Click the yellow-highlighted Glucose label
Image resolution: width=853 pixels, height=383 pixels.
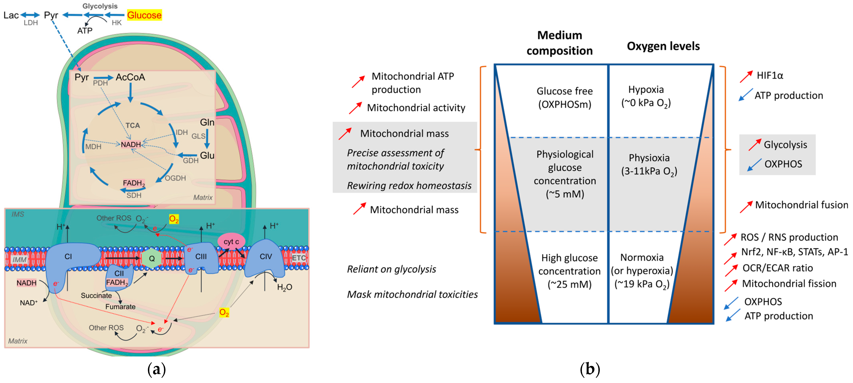pos(144,15)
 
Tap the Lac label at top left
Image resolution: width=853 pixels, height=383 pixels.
pos(11,15)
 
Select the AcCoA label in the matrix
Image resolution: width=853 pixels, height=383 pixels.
pos(130,77)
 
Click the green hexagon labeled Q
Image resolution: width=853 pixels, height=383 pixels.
pos(152,258)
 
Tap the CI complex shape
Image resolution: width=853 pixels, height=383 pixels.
pos(69,261)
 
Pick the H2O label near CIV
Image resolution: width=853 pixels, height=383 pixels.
pos(284,287)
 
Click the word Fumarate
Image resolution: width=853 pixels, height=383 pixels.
pos(120,307)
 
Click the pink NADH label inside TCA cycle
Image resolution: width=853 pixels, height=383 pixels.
pos(131,145)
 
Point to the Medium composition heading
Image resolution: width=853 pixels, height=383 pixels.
pos(560,43)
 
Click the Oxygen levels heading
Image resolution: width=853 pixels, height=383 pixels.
pos(663,46)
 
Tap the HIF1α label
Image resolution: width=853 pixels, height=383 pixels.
pos(770,75)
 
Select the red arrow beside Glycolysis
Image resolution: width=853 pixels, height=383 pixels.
pos(755,145)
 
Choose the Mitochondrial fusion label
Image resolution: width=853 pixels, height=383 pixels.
pos(802,205)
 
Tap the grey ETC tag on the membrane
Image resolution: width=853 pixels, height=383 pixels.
pos(298,258)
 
